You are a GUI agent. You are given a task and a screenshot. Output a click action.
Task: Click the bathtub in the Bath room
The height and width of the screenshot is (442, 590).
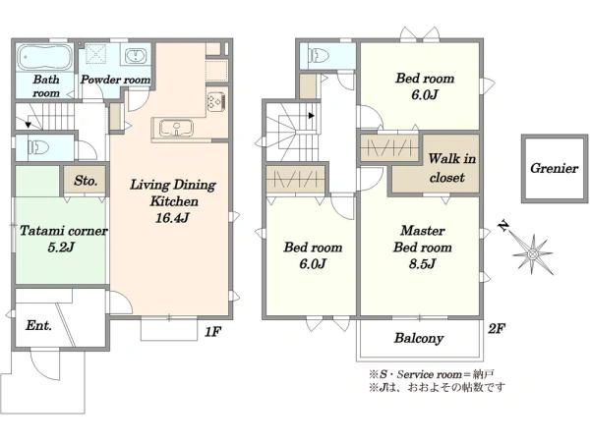click(x=45, y=58)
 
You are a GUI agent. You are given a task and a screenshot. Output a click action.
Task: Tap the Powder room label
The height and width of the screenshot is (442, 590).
click(x=115, y=80)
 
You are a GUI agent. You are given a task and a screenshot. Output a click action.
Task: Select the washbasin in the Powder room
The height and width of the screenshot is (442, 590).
click(x=135, y=56)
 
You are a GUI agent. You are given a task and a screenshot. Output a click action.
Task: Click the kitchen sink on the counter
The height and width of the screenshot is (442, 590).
click(x=176, y=128)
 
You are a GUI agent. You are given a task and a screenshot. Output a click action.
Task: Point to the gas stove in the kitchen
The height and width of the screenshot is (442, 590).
click(x=216, y=101)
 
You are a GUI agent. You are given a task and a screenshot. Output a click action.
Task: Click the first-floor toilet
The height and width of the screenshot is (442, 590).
click(x=38, y=147)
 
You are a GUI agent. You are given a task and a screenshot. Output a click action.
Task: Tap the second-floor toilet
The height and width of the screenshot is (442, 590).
click(x=319, y=56)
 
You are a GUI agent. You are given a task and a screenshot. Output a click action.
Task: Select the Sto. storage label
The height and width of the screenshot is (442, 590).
click(x=86, y=181)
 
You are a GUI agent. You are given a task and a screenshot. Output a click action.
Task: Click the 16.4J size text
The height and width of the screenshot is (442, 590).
click(x=172, y=217)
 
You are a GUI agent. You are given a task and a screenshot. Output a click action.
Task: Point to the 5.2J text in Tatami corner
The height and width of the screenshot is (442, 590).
click(x=61, y=247)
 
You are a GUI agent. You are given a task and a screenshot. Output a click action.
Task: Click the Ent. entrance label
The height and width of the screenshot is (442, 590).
click(x=38, y=325)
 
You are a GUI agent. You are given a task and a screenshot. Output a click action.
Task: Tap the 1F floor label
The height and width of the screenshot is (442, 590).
click(x=212, y=332)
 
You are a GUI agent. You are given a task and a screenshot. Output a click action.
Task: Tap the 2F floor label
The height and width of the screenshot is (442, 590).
click(x=497, y=329)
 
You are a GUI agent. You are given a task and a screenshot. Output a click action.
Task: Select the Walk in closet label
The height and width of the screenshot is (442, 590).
click(x=451, y=168)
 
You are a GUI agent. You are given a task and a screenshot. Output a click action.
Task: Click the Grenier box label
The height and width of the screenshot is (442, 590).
click(x=554, y=168)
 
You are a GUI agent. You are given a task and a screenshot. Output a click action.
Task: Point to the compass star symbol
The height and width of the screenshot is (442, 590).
click(x=532, y=254)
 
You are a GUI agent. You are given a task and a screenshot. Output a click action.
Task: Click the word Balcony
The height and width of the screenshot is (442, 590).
click(x=419, y=338)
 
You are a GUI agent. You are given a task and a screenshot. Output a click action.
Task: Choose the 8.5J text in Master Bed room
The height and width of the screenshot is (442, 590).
click(x=422, y=263)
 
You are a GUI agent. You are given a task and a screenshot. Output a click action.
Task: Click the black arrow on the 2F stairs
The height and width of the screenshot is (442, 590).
click(x=311, y=115)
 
